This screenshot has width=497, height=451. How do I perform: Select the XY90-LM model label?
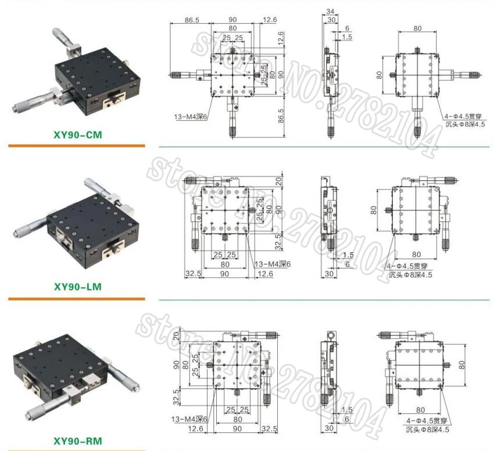tap(77, 287)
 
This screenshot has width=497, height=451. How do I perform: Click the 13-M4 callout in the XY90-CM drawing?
tap(191, 117)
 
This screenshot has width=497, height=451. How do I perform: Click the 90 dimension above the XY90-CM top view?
tap(233, 20)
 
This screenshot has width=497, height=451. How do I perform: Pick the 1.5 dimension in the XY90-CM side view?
tap(347, 37)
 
